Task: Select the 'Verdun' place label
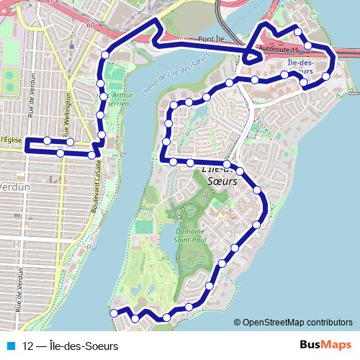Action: pos(14,186)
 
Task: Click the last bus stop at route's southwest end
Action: pos(113,312)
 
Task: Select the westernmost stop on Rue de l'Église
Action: pos(47,140)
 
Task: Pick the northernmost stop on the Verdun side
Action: pos(105,54)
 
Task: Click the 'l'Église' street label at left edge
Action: pos(12,139)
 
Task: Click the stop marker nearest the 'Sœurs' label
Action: pos(240,171)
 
